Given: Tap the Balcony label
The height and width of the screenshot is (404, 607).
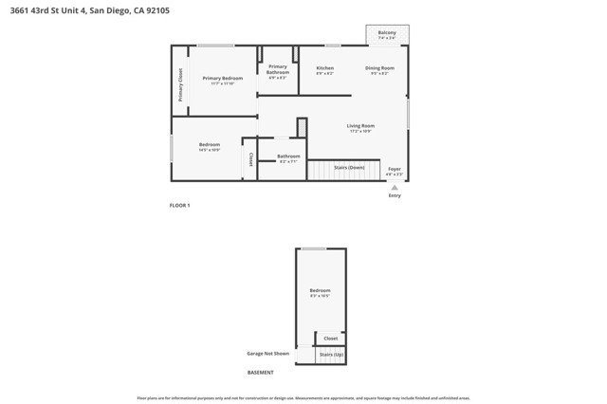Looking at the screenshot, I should [387, 32].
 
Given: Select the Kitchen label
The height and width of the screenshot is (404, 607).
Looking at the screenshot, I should [324, 68].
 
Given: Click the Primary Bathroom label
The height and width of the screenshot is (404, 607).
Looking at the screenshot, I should [278, 68].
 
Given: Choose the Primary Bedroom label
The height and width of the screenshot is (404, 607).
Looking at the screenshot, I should [223, 78].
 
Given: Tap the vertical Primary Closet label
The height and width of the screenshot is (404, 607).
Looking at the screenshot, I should [180, 85].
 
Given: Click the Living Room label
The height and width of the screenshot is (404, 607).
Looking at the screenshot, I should [360, 125].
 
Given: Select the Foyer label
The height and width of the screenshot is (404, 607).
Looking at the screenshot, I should [395, 169].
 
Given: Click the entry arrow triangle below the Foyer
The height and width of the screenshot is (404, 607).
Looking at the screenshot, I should [395, 187].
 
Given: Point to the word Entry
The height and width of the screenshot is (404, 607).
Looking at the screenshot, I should [395, 195].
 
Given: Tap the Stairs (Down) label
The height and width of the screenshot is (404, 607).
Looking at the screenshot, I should [349, 167].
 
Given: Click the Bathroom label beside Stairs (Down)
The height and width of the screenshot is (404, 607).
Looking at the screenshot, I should [288, 156].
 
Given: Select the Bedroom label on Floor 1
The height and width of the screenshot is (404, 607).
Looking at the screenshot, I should [210, 144].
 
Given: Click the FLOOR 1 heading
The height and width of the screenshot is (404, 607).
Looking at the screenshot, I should [180, 206].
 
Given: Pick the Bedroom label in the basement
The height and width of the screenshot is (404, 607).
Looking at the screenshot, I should [321, 290].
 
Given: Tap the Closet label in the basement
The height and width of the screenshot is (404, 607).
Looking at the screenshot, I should [330, 338].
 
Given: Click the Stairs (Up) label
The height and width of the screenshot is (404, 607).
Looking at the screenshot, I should [331, 354].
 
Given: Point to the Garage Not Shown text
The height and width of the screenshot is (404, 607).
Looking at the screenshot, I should [267, 354].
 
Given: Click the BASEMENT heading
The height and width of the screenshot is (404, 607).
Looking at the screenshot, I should [261, 372].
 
